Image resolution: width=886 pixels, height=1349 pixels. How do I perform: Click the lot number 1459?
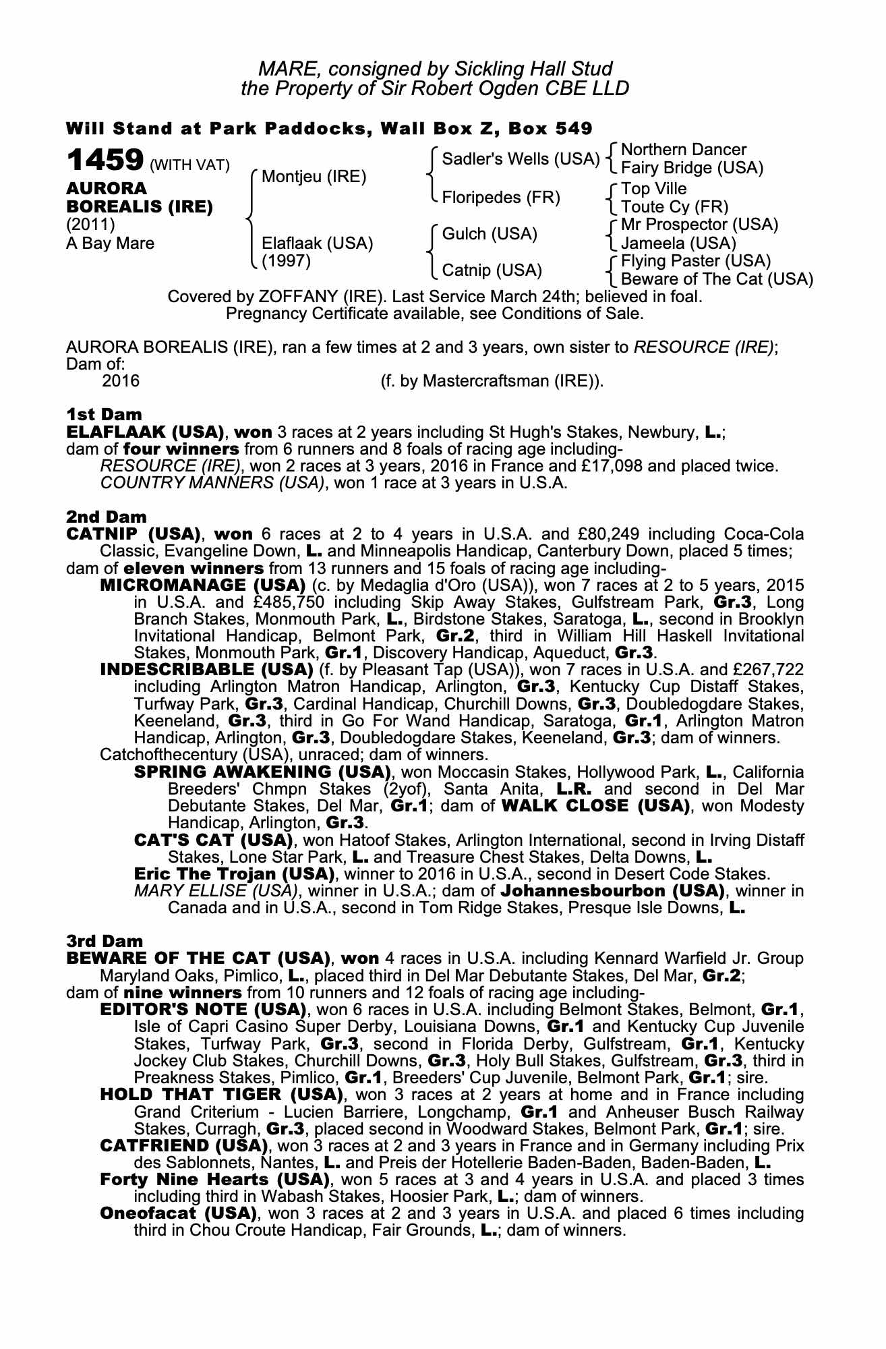point(105,161)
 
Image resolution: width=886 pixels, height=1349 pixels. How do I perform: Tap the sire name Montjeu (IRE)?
point(314,177)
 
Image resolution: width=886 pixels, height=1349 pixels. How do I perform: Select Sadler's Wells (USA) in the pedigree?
point(520,159)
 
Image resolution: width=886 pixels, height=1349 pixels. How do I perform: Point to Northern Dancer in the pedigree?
point(683,149)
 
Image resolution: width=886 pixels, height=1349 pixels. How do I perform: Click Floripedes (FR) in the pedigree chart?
point(501,197)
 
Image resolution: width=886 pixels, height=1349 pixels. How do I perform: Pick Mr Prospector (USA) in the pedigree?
point(699,224)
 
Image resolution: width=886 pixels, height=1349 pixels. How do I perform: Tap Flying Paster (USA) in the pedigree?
point(696,260)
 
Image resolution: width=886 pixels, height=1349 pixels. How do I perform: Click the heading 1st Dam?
point(104,413)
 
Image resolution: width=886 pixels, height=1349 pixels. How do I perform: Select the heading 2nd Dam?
point(106,517)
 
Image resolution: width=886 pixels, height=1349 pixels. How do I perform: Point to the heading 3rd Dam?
point(105,940)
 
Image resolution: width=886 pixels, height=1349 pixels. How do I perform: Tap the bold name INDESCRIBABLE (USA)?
point(206,670)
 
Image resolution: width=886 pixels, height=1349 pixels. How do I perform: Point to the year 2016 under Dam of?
point(121,381)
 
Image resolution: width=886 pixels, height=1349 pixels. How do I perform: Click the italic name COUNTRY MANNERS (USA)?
point(212,483)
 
